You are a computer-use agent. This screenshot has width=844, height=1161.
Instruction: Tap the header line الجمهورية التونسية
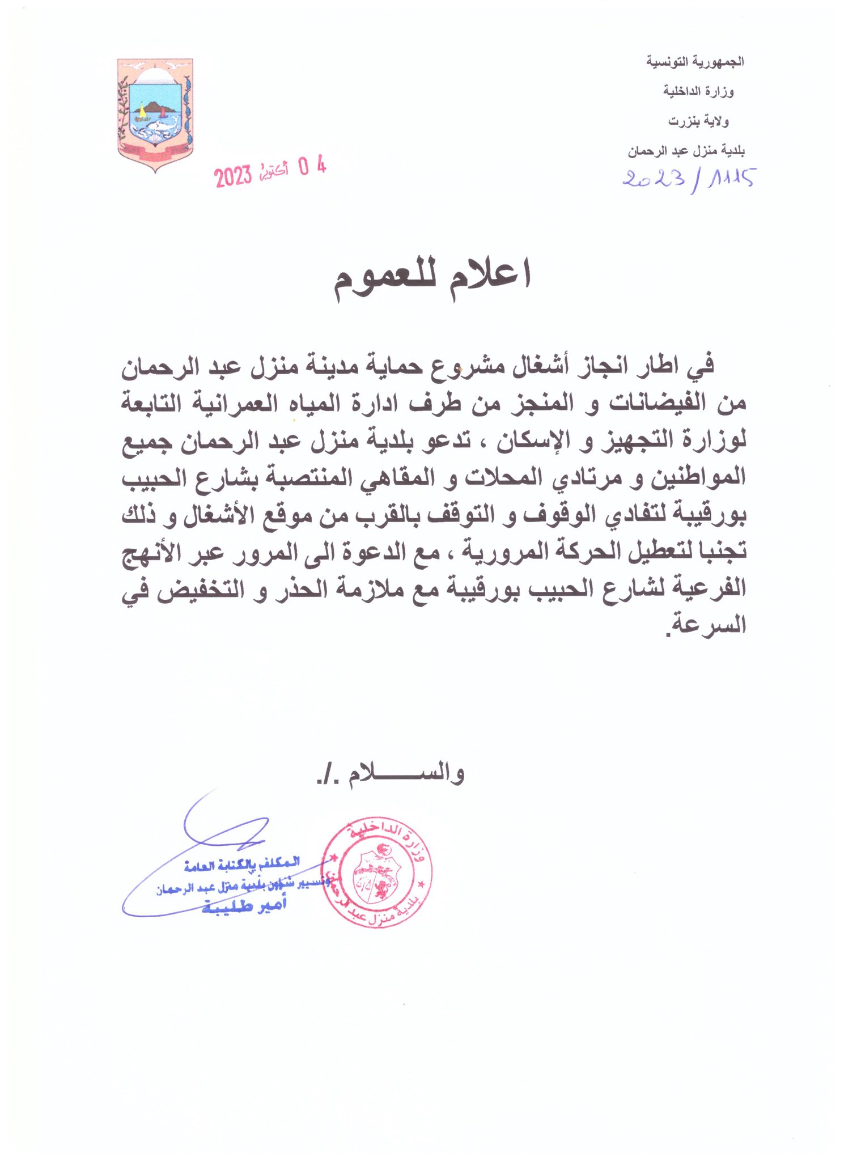pos(694,61)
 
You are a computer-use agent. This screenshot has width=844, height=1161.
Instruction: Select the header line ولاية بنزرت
pos(698,121)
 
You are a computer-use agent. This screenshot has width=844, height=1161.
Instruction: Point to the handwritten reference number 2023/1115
pos(689,179)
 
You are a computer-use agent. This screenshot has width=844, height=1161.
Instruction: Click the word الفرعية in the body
pos(709,587)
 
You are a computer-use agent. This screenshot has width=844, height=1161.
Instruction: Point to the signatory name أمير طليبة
pos(244,906)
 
